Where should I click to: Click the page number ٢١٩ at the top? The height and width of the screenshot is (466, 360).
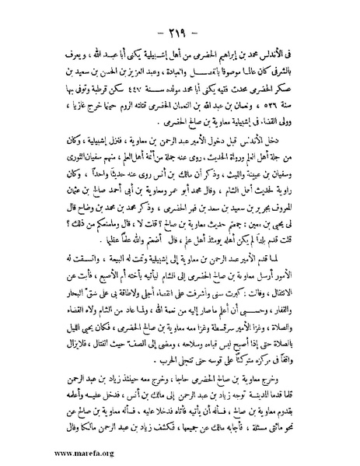pyautogui.click(x=180, y=16)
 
